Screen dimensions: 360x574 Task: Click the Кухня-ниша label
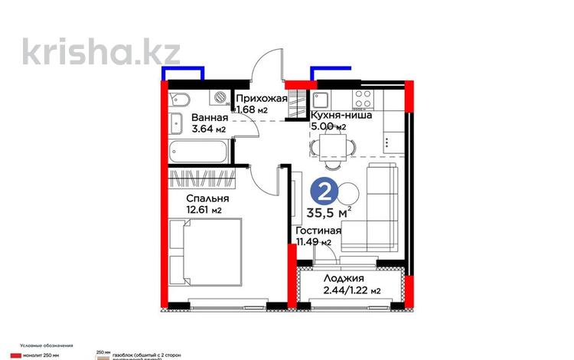341,116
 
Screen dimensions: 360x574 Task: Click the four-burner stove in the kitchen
362,99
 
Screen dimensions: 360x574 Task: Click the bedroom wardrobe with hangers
201,179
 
